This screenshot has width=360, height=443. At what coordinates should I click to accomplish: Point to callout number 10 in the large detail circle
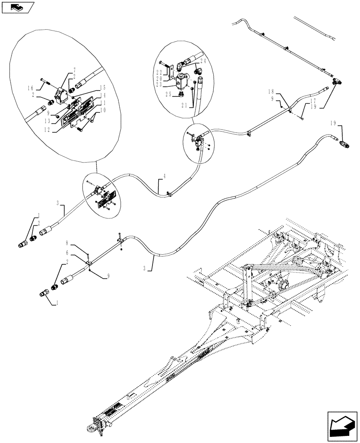point(103,110)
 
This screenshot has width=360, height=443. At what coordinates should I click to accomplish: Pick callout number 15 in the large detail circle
point(102,87)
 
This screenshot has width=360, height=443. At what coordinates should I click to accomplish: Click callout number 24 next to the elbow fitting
point(203,61)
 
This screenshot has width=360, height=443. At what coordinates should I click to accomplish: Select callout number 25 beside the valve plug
point(168,94)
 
